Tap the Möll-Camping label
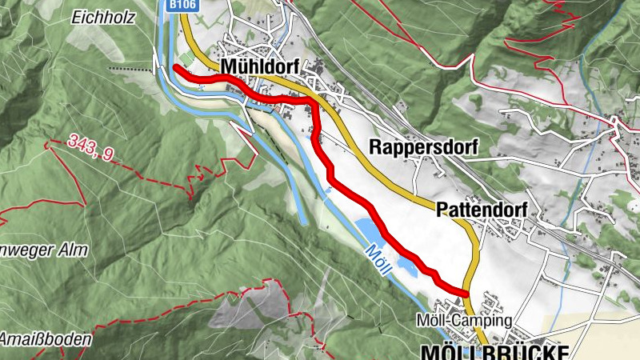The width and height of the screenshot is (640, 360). click(x=464, y=321)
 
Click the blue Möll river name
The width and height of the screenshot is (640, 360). click(x=377, y=260)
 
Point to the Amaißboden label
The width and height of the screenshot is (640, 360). click(x=45, y=339)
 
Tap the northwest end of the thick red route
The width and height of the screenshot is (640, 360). click(x=175, y=67)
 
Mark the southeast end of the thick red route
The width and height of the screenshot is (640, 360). click(x=465, y=292)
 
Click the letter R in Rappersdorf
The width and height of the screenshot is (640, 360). click(x=375, y=147)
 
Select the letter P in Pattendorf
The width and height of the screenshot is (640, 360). click(x=442, y=210)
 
